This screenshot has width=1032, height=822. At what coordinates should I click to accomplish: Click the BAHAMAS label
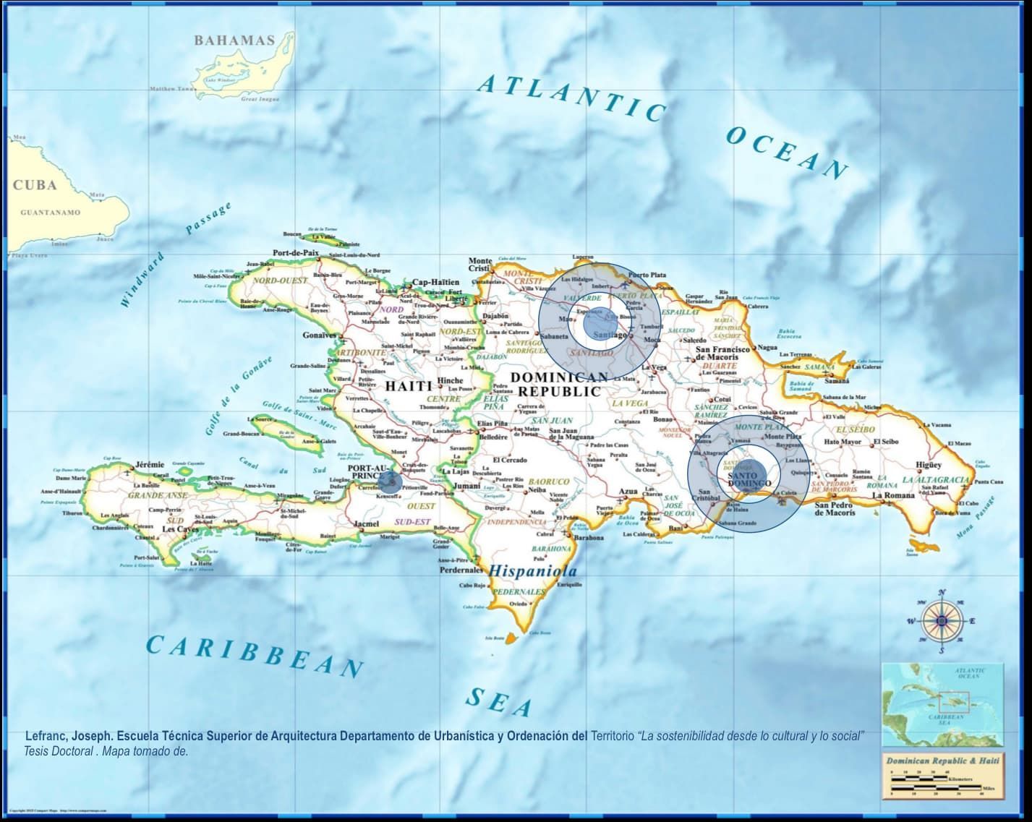pos(234,40)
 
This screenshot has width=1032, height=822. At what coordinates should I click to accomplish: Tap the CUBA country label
pos(35,185)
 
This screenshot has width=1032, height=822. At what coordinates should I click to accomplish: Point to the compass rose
pos(942,620)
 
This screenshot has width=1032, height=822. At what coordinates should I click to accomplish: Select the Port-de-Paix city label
pos(296,253)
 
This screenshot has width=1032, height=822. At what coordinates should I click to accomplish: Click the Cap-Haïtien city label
pos(435,283)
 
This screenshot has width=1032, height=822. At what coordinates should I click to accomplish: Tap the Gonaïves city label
pos(320,335)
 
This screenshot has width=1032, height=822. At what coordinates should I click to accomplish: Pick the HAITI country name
pos(409,386)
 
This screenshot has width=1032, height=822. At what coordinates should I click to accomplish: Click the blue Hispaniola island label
pos(533,571)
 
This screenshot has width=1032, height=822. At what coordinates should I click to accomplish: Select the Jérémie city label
pos(150,464)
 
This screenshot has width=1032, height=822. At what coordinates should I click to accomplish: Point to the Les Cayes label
pos(179,529)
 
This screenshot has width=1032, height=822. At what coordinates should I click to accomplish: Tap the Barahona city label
pos(588,538)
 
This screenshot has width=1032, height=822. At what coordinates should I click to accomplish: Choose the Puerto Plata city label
pos(647,275)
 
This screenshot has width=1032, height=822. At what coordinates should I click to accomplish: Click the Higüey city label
pos(929,465)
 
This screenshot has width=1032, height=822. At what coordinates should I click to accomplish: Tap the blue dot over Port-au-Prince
pos(392,483)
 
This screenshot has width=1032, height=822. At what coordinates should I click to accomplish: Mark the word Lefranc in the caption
pos(46,736)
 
